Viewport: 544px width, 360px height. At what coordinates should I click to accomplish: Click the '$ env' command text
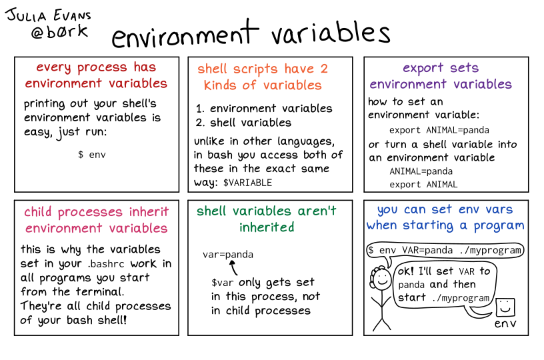[x=92, y=154]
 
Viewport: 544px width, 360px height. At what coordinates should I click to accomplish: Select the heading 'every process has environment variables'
[x=96, y=75]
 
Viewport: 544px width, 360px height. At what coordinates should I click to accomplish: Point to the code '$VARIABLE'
[x=247, y=183]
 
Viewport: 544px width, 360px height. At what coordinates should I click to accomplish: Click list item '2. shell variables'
[x=243, y=123]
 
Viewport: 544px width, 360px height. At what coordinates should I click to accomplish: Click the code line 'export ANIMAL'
[x=423, y=184]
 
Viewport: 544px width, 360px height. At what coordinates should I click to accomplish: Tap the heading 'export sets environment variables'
[x=441, y=76]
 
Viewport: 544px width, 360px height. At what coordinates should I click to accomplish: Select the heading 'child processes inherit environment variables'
[x=96, y=220]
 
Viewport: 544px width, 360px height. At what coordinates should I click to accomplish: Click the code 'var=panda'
[x=228, y=255]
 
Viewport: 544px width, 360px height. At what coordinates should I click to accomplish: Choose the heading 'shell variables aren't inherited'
[x=267, y=219]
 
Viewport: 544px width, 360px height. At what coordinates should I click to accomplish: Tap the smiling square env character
[x=505, y=307]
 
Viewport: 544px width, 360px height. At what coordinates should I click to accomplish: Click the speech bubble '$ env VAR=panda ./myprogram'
[x=444, y=251]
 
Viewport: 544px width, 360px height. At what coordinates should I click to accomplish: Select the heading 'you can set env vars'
[x=445, y=209]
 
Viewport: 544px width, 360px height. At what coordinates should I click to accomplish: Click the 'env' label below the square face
[x=505, y=325]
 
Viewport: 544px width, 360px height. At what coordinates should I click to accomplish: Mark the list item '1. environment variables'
[x=264, y=108]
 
